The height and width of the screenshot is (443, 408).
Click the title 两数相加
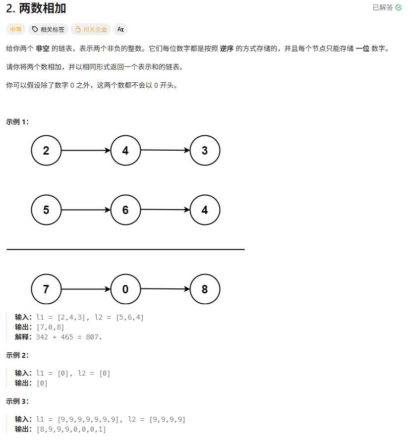(36, 8)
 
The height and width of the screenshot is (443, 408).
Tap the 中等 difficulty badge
(16, 29)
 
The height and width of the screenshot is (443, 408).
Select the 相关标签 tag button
(48, 29)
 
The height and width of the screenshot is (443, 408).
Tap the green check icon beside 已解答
(399, 7)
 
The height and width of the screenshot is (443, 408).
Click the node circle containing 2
(46, 150)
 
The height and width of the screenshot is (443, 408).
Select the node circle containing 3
(205, 150)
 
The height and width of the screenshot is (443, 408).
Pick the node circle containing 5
(46, 210)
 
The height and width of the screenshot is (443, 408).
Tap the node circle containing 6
(125, 210)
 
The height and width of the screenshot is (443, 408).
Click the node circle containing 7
(46, 289)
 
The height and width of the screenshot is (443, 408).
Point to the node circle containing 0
(125, 289)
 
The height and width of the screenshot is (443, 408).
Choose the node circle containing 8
(205, 289)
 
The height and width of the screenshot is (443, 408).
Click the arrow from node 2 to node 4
(86, 150)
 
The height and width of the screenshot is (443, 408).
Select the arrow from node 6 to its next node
(165, 210)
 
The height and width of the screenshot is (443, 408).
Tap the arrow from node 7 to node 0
(86, 289)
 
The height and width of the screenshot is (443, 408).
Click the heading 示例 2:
(18, 355)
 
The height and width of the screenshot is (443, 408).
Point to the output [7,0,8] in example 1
(50, 327)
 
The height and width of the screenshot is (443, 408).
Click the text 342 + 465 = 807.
(68, 337)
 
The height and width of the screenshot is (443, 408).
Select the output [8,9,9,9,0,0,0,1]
(71, 429)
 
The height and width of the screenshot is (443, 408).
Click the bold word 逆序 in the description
(227, 49)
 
